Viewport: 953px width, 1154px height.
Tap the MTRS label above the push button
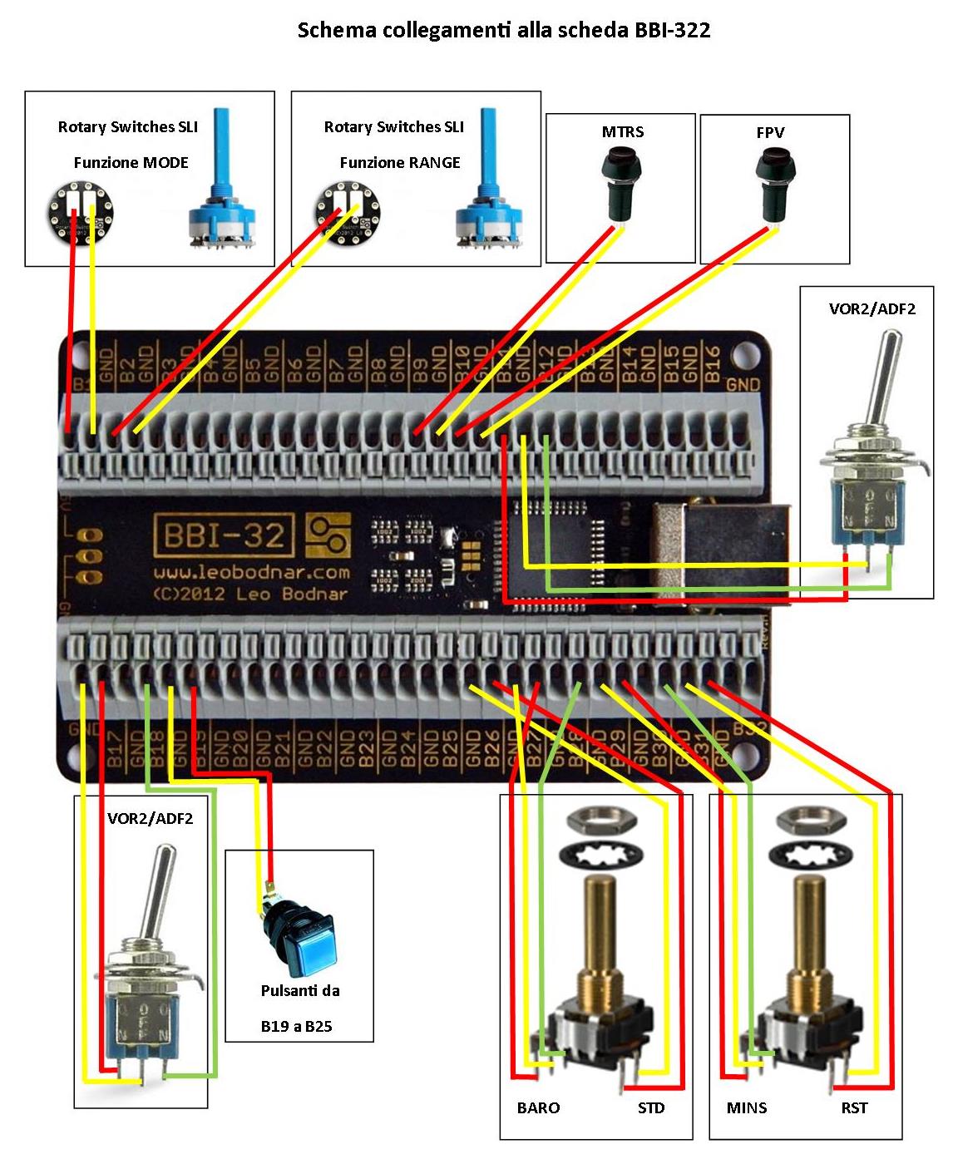click(622, 132)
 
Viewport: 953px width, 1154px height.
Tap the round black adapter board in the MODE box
click(76, 213)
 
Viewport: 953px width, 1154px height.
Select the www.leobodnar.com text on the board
click(251, 573)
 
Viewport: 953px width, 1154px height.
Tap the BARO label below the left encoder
click(538, 1108)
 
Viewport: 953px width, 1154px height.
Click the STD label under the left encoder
click(651, 1108)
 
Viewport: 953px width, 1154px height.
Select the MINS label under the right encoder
click(747, 1108)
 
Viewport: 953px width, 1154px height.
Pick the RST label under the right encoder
click(854, 1108)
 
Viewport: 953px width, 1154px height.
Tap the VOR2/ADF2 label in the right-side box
click(872, 309)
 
